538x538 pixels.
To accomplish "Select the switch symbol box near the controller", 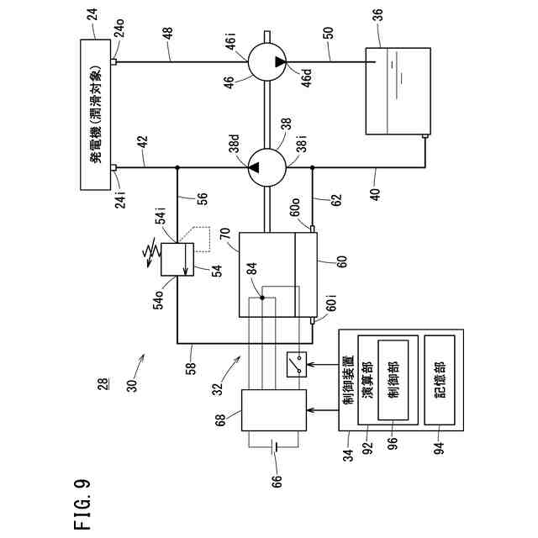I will point(297,363).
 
